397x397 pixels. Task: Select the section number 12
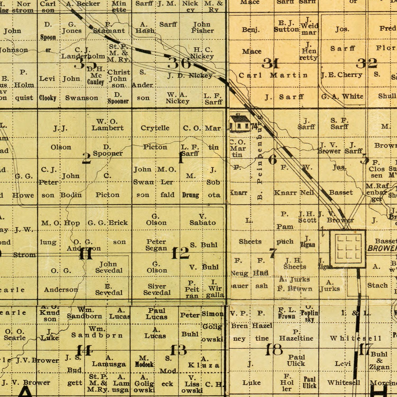point(180,253)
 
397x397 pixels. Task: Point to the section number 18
point(274,350)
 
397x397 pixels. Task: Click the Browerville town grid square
point(348,248)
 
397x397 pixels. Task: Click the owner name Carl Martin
point(273,75)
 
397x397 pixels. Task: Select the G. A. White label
point(342,96)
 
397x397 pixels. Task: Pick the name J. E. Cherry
point(341,75)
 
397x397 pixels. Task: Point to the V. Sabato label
point(202,220)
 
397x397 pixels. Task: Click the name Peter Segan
point(156,245)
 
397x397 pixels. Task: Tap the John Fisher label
point(202,28)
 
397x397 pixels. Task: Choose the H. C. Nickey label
point(202,53)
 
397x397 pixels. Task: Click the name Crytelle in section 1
point(155,128)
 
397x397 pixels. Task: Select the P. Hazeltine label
point(296,335)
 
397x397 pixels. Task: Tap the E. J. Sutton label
point(286,26)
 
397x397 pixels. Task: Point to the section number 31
point(270,64)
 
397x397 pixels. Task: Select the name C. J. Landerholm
point(83,53)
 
